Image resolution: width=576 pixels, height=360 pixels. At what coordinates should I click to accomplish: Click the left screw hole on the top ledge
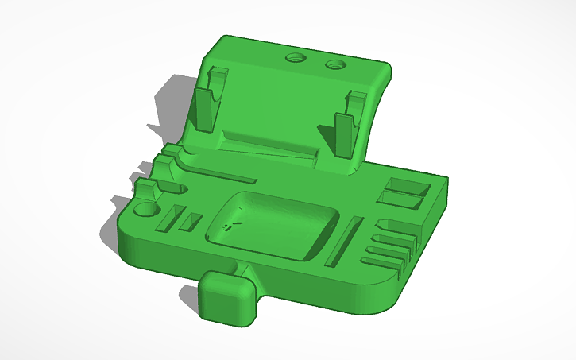pyautogui.click(x=296, y=58)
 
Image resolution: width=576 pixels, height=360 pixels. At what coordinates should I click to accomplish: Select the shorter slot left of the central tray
pyautogui.click(x=191, y=222)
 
